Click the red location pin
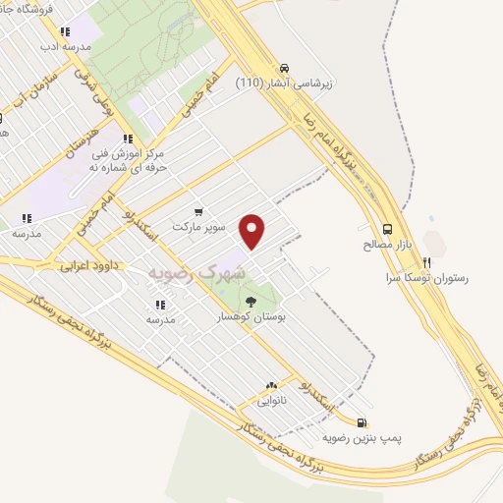pyautogui.click(x=253, y=231)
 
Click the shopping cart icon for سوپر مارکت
pyautogui.click(x=199, y=210)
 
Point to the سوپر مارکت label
pyautogui.click(x=199, y=226)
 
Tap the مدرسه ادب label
pyautogui.click(x=66, y=46)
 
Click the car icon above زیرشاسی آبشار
pyautogui.click(x=284, y=68)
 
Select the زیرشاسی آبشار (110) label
pyautogui.click(x=284, y=84)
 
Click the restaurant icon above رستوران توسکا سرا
pyautogui.click(x=426, y=262)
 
